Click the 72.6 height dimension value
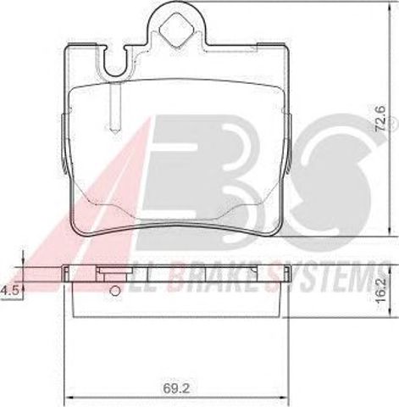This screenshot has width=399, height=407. pos(380,118)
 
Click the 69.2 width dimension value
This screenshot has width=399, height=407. pos(176,389)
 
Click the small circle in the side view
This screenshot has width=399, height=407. pos(114,291)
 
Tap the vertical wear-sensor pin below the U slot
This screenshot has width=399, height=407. pos(115,109)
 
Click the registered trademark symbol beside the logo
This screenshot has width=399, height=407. pos(394,126)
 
